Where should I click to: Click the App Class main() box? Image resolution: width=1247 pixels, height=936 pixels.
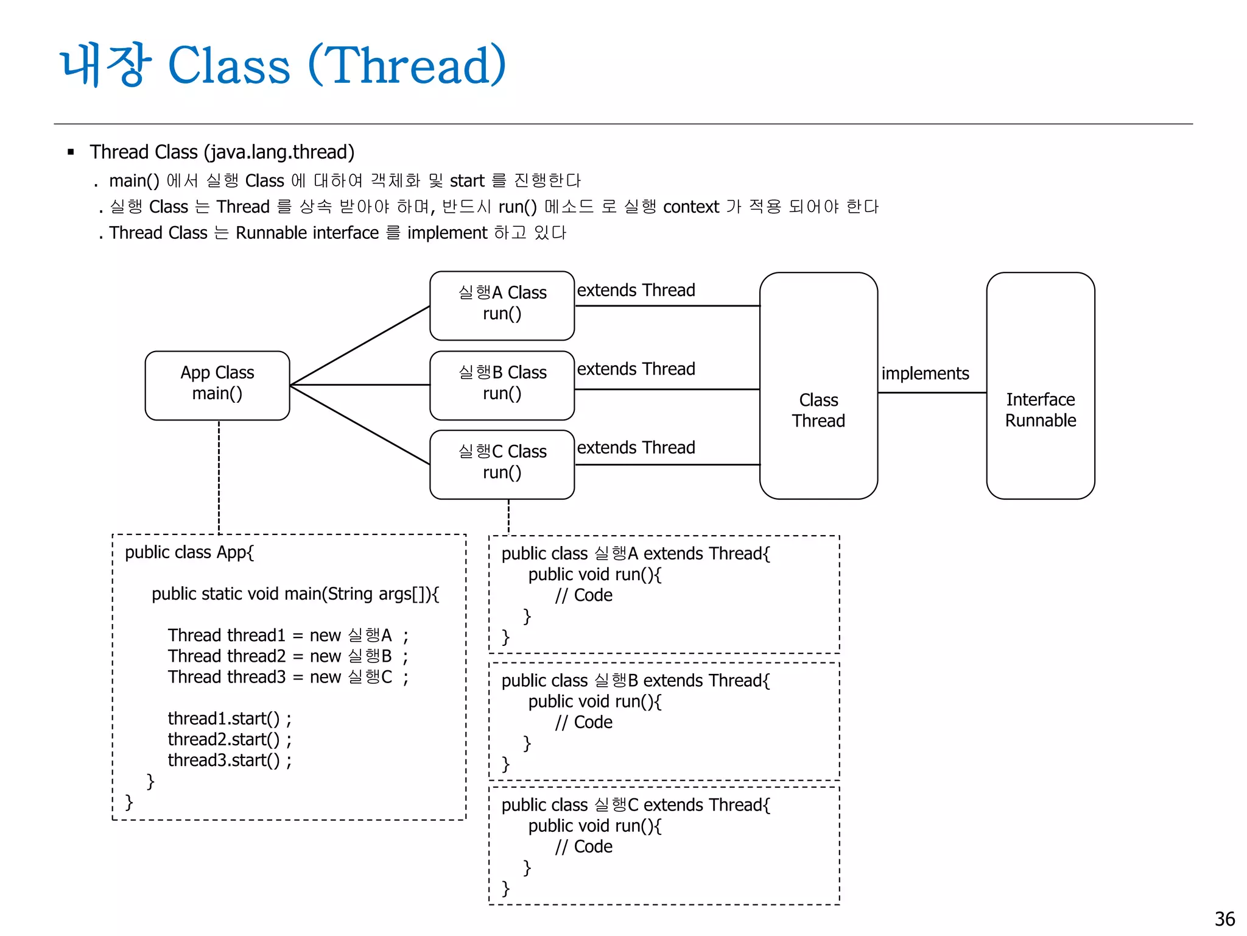point(217,385)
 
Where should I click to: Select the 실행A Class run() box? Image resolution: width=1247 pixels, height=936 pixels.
point(502,305)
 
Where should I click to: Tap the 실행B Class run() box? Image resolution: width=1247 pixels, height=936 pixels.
point(502,385)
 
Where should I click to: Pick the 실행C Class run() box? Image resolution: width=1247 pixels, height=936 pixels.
point(502,464)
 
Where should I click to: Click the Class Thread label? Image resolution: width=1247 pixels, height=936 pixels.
point(818,410)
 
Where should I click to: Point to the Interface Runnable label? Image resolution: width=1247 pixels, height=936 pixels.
point(1040,410)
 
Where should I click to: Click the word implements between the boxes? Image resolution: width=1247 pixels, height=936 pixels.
point(924,374)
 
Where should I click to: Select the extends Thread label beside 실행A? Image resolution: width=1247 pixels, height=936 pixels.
point(636,290)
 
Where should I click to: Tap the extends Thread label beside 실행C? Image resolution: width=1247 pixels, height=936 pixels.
point(636,448)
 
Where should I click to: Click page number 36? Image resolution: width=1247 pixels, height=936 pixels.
point(1224,918)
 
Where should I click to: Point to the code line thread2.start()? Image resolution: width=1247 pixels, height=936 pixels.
point(230,739)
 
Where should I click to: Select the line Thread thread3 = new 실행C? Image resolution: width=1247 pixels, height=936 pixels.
point(287,677)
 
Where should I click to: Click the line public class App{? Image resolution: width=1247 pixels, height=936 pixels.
point(189,552)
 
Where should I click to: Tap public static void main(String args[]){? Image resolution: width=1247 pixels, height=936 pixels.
point(295,594)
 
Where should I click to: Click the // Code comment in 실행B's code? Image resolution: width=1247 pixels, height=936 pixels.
point(583,722)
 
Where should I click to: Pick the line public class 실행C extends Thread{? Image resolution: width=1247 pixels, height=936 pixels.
point(635,805)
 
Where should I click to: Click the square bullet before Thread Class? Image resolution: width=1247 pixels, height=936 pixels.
point(71,152)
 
